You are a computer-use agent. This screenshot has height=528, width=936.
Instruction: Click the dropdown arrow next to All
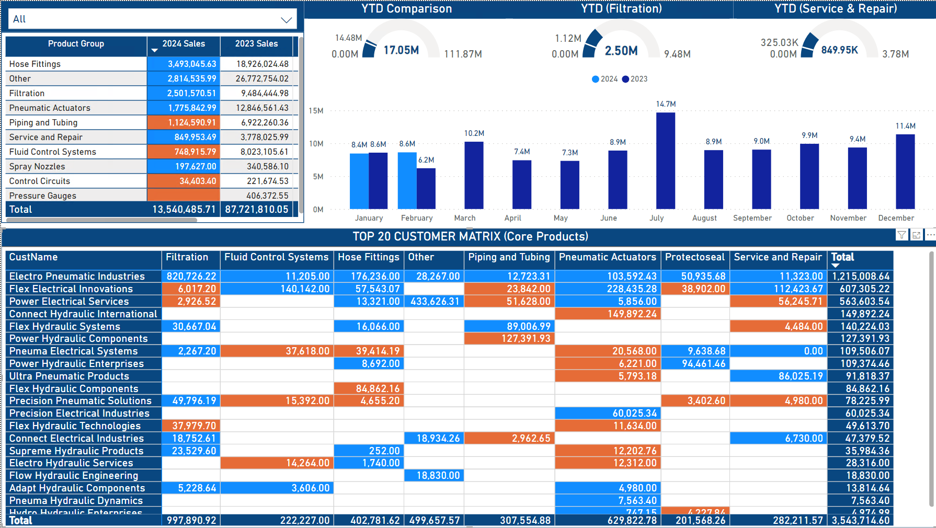286,20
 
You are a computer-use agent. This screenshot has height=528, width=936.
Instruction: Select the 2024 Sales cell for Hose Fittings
184,64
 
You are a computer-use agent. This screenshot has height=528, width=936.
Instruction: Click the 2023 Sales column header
256,44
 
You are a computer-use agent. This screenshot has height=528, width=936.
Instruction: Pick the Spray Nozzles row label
37,166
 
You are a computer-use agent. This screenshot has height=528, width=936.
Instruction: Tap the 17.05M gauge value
401,50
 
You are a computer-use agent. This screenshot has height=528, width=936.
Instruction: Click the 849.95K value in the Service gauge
839,50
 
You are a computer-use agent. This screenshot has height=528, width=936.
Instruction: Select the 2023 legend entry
635,79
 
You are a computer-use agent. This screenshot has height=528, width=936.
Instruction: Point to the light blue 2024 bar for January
359,181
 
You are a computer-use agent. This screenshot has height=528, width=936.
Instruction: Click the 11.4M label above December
905,126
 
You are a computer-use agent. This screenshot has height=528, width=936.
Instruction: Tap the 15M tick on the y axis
316,111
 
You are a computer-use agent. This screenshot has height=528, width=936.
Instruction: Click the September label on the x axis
752,218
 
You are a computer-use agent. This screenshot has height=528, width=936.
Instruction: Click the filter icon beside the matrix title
901,235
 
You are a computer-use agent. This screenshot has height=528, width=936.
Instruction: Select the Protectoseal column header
694,257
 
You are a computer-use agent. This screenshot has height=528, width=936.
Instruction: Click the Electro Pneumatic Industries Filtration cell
191,276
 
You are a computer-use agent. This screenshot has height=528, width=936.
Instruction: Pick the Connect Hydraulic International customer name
83,314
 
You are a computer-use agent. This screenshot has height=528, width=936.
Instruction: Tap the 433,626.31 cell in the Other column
435,301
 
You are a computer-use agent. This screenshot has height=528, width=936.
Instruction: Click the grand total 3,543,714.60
860,520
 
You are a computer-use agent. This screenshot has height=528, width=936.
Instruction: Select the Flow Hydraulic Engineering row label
74,475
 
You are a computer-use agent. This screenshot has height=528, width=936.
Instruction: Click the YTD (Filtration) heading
621,8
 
